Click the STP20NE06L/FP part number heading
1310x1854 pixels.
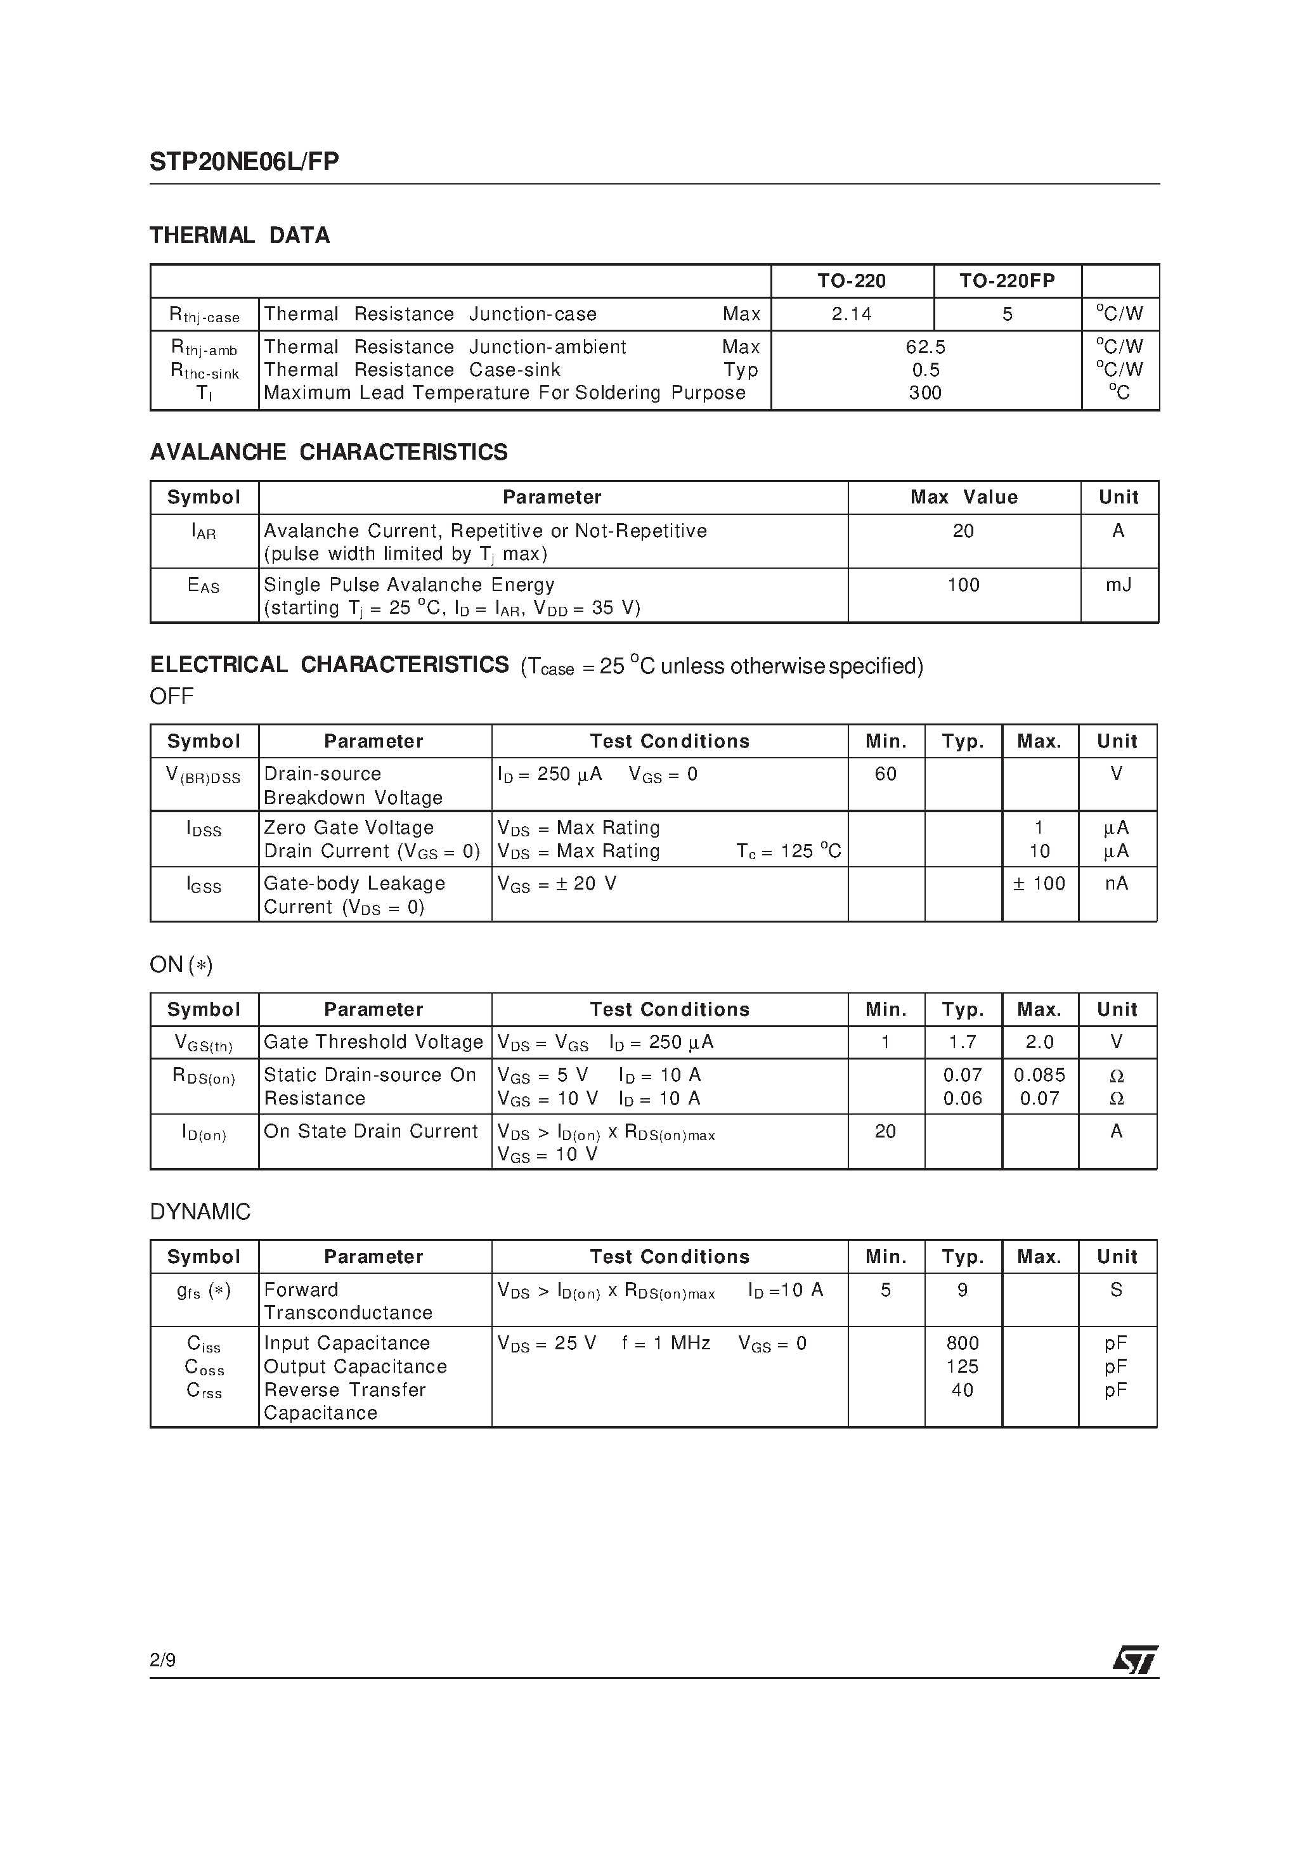(x=244, y=162)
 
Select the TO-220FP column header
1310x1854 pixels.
(x=1006, y=281)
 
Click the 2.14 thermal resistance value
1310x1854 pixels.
(x=852, y=314)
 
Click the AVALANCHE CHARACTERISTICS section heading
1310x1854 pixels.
(x=328, y=452)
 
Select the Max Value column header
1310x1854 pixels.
(x=964, y=497)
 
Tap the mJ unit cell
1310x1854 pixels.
(x=1118, y=585)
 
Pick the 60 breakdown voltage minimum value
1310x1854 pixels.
(x=885, y=774)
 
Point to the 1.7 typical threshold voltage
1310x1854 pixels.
(x=962, y=1042)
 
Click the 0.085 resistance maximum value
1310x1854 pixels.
(x=1039, y=1075)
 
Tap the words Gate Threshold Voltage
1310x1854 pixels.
(x=373, y=1042)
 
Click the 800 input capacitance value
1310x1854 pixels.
(x=962, y=1344)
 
